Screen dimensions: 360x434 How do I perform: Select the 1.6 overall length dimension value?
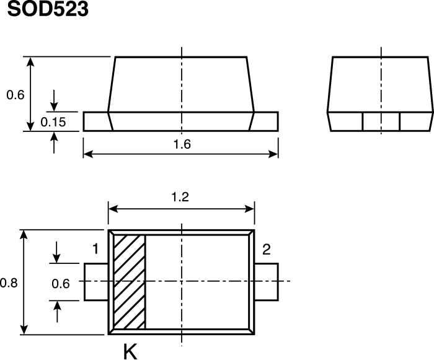[182, 144]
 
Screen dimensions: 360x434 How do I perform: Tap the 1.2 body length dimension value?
[180, 198]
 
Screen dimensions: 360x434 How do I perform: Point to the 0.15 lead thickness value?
[53, 122]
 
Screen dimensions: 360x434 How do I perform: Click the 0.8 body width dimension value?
[9, 283]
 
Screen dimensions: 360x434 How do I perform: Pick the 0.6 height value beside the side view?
[14, 95]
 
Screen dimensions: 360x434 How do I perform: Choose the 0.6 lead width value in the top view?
[60, 283]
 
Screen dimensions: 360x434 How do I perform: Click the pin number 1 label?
[95, 250]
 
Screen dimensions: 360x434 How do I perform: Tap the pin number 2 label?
[267, 250]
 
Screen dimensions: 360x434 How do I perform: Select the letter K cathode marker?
[130, 352]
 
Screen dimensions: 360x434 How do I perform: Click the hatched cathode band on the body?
[130, 282]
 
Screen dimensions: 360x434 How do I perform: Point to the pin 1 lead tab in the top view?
[96, 282]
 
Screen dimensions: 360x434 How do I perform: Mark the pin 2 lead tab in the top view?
[267, 282]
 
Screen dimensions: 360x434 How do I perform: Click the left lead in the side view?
[96, 121]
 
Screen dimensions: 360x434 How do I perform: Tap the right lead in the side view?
[266, 121]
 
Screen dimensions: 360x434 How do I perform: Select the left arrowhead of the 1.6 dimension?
[87, 154]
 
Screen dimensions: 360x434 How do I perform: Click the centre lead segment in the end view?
[381, 121]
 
